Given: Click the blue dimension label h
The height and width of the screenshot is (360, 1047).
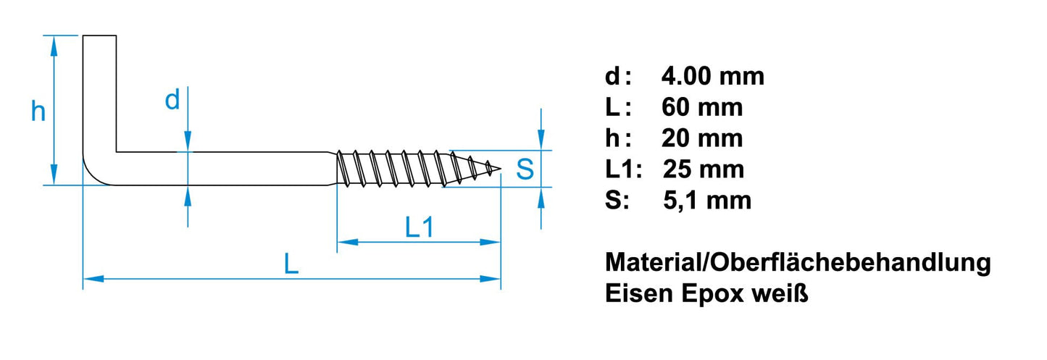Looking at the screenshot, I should point(38,112).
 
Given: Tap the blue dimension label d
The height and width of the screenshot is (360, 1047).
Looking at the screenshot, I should point(172,101).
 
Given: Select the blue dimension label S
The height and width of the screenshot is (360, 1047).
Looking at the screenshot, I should point(525,169).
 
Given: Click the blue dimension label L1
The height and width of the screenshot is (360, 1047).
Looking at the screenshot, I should point(419,228).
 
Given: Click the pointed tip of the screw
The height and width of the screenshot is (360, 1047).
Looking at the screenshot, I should point(499,169).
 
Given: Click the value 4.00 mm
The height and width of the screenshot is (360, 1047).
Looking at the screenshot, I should point(713,76).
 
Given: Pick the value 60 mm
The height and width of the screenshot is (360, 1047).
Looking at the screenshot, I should point(702,107).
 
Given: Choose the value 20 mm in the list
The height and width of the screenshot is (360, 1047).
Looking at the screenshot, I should point(702,138).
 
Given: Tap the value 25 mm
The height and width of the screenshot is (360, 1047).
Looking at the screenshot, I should point(703,169).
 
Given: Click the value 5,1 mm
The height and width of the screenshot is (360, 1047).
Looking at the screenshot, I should point(707,200).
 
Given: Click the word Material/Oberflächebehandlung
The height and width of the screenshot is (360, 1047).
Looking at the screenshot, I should point(798,263).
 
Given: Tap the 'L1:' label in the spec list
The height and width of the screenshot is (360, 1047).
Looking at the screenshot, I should point(624,169).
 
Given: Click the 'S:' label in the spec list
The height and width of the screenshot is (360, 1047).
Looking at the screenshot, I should point(617,200).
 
